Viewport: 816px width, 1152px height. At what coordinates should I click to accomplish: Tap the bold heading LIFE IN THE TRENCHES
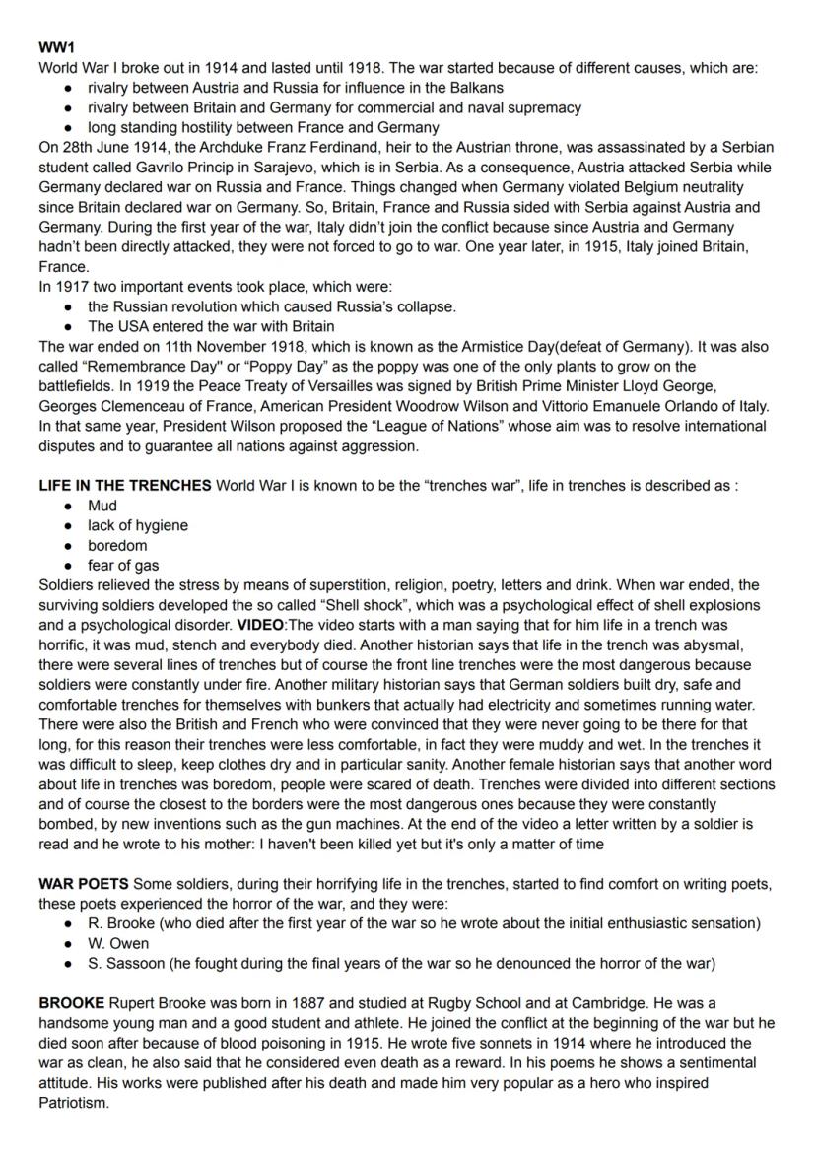[125, 485]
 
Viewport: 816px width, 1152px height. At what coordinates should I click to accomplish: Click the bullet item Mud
[102, 506]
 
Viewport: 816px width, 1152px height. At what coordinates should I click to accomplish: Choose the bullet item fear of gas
[123, 565]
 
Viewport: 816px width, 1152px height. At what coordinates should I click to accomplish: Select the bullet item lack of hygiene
[137, 525]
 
